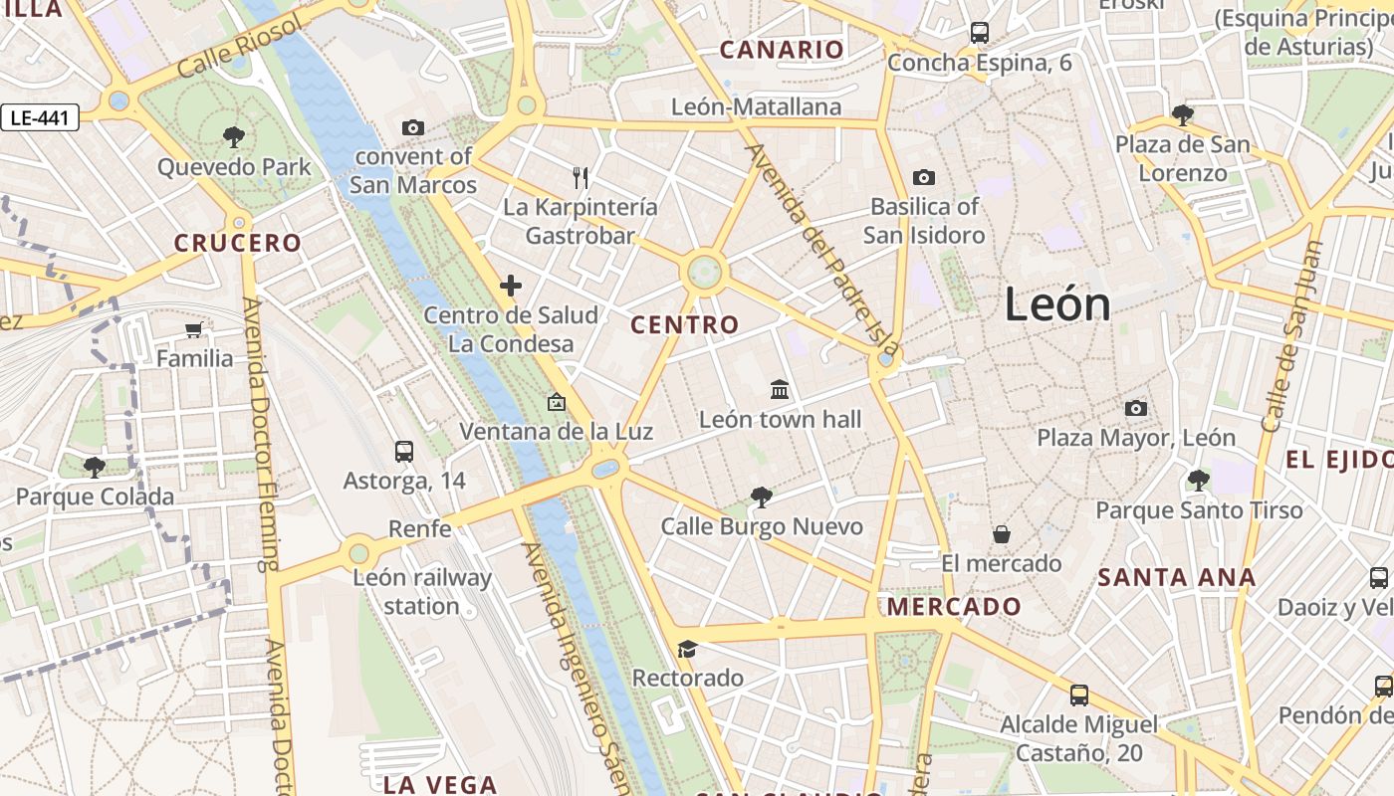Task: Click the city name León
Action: pos(1056,303)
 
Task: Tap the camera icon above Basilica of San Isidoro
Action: pos(924,177)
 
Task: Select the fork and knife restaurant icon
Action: pos(581,178)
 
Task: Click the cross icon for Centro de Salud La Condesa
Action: pos(511,287)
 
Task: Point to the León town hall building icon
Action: pos(780,390)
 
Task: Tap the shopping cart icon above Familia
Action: pos(194,329)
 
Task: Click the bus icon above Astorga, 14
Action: pos(404,451)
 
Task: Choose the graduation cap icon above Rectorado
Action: pos(687,650)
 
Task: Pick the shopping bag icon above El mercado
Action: pos(1002,534)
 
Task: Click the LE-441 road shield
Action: pos(40,118)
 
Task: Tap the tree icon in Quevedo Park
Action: pos(234,136)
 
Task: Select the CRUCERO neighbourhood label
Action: pos(237,243)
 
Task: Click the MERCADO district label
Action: pos(954,606)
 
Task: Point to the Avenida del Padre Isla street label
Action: pos(822,251)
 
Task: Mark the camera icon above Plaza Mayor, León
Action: pos(1135,408)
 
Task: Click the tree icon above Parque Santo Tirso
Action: pos(1199,482)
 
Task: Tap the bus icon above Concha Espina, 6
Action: pos(980,33)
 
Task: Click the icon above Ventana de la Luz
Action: pos(556,403)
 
